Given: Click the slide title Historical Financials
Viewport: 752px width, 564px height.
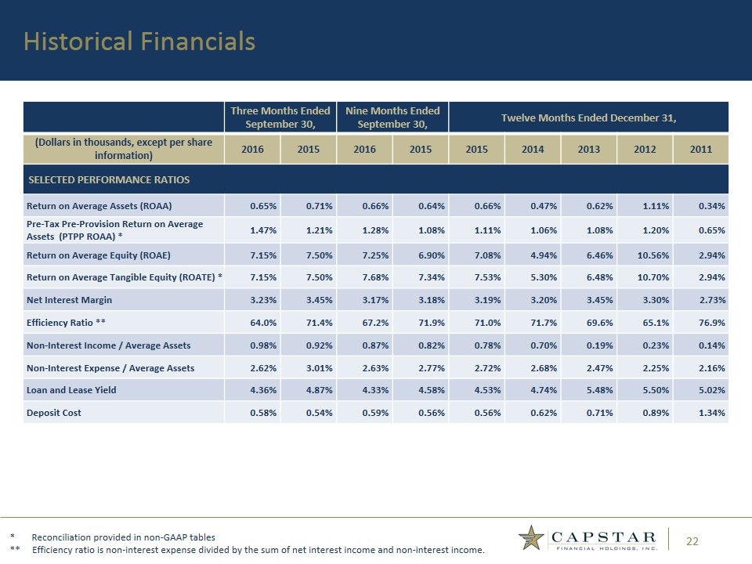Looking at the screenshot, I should (139, 42).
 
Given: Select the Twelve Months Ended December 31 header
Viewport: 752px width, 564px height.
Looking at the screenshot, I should (588, 117).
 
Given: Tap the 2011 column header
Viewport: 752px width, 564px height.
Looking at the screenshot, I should (700, 149).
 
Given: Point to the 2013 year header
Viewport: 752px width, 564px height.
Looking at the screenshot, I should (588, 149).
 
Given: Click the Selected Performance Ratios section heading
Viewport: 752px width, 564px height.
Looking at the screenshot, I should (109, 180).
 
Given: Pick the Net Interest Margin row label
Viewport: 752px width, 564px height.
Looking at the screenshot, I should (71, 299).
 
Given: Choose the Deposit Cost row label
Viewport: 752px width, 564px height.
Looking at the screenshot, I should (55, 412).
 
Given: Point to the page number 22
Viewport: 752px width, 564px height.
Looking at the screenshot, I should (692, 541).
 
